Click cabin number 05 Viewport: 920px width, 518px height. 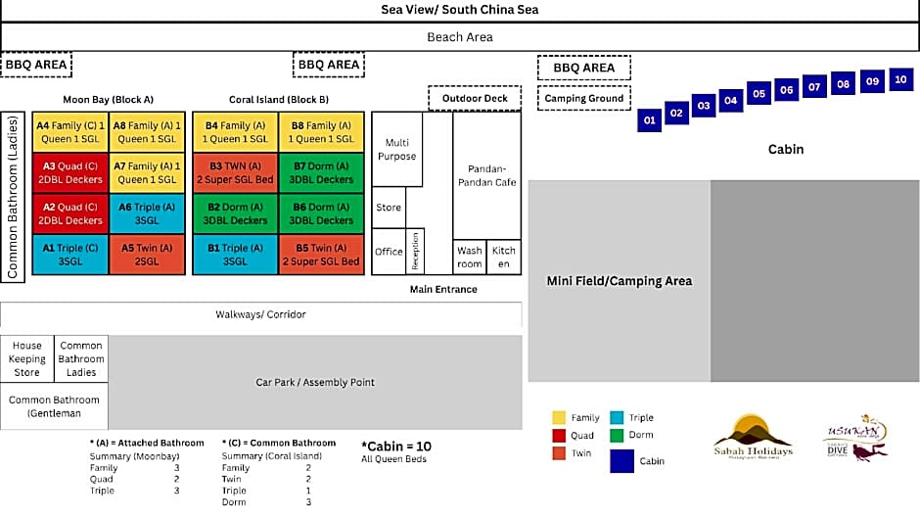click(x=759, y=95)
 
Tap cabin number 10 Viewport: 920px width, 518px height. click(x=900, y=79)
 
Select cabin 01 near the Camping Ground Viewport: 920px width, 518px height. click(x=648, y=120)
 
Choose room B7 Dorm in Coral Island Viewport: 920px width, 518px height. click(x=321, y=172)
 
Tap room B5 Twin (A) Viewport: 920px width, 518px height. click(x=321, y=255)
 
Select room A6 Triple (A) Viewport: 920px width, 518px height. click(x=146, y=213)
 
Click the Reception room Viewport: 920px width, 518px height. click(x=415, y=252)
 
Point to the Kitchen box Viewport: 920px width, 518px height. click(x=504, y=257)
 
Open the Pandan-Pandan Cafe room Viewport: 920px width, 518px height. click(x=486, y=175)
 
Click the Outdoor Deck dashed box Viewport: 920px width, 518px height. click(x=475, y=98)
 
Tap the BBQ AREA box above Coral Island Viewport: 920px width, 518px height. click(x=329, y=66)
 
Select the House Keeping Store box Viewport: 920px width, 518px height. click(x=27, y=358)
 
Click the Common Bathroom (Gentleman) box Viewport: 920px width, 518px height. click(x=54, y=406)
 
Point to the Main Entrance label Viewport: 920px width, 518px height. click(x=443, y=289)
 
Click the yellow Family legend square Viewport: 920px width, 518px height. click(x=559, y=417)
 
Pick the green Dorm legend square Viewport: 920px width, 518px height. click(x=617, y=436)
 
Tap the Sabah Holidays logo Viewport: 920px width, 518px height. click(x=753, y=437)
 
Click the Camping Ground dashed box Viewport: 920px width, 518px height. click(x=584, y=98)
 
